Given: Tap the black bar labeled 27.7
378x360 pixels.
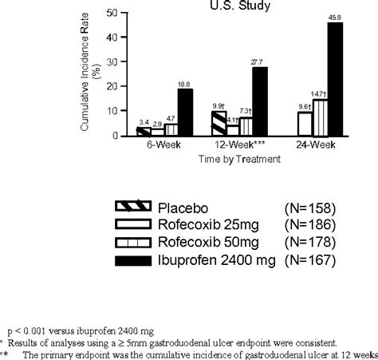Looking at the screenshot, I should point(261,102).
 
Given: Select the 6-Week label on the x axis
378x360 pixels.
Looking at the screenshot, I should point(151,146).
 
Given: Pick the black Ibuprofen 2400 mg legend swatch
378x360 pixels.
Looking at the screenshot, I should point(128,259).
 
